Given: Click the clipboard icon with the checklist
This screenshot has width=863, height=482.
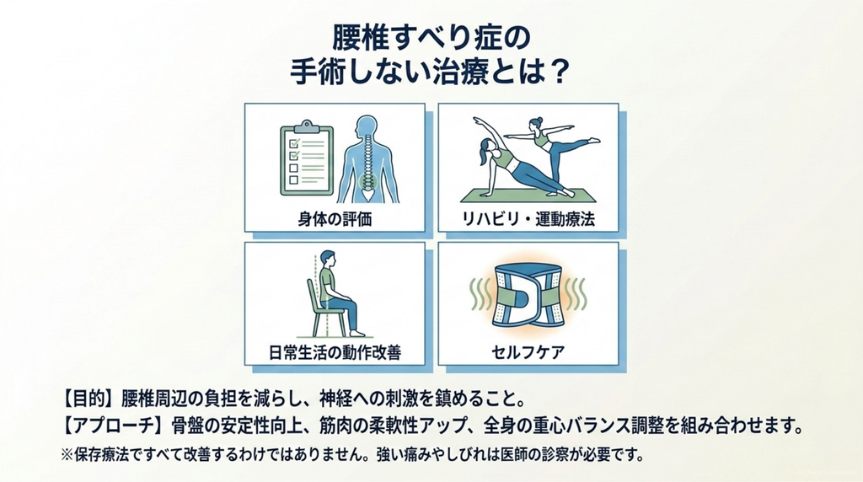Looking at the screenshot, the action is click(x=307, y=158).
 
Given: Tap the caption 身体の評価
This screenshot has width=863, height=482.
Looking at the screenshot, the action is click(x=335, y=219).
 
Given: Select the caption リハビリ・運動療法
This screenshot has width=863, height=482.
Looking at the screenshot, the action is click(x=528, y=219).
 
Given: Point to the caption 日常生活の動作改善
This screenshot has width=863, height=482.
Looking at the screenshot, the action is click(x=335, y=352).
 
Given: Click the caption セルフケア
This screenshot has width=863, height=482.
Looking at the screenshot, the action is click(x=528, y=352).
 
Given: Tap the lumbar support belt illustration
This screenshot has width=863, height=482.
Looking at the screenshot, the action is click(x=528, y=295).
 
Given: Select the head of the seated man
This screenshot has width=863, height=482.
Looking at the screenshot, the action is click(x=327, y=259).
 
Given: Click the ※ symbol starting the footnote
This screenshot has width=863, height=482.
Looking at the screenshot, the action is click(x=67, y=456).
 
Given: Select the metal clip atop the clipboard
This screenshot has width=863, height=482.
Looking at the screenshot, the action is click(x=307, y=126).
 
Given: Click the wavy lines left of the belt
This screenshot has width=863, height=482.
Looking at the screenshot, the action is click(x=480, y=293).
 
